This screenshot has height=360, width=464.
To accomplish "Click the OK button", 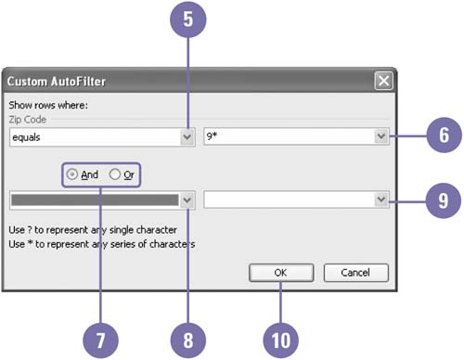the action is point(281,273).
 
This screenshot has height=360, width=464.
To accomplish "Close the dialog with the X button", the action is point(383,81).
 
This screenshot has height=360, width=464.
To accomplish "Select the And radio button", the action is point(72,174).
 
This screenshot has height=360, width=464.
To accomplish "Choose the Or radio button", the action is point(115,174).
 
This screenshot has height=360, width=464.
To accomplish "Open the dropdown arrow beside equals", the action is point(187,136).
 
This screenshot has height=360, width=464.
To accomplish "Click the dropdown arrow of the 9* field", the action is point(381,136).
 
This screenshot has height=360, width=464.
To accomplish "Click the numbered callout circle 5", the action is point(188,19).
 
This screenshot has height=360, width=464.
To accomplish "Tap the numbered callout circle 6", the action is point(445,135).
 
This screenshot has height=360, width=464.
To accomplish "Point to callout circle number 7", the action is point(100,341).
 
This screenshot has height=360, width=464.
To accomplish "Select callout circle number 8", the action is point(188,341).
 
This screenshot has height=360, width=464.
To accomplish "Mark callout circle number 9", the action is point(444,200).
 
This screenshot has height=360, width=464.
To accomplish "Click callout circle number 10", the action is point(281,341).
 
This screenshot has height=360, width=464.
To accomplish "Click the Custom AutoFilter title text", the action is point(57,82).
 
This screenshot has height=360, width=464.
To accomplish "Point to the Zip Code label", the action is point(28,120).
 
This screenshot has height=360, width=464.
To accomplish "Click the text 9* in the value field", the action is point(212,135).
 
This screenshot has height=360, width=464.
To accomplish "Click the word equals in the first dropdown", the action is point(26,137).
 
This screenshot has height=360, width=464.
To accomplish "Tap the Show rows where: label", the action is point(48,105).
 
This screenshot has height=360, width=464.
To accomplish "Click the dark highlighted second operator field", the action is point(95,199).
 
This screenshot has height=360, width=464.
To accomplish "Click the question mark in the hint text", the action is point(30,230).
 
